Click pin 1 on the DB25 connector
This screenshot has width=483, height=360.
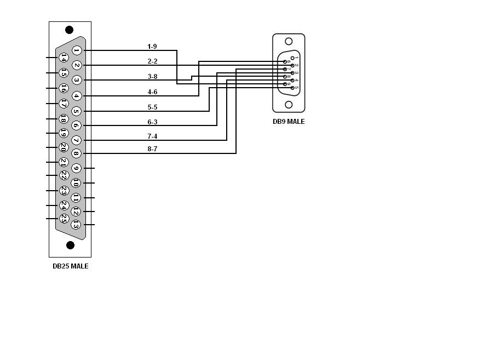[x=77, y=50]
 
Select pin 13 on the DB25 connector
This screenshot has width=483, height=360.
[x=76, y=224]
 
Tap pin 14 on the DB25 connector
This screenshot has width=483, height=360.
[x=64, y=57]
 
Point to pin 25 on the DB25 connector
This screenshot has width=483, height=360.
[x=64, y=218]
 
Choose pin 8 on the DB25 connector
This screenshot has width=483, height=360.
[x=76, y=154]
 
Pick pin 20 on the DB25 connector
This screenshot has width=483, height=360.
[x=64, y=147]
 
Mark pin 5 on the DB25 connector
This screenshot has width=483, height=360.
[x=76, y=111]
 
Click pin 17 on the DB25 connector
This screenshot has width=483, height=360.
[x=64, y=103]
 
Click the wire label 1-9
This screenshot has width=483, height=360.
[x=152, y=47]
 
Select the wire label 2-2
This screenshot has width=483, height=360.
[x=152, y=61]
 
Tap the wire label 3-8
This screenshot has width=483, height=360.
[x=152, y=77]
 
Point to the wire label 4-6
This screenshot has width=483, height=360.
[x=152, y=92]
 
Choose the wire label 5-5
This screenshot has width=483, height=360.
[x=152, y=107]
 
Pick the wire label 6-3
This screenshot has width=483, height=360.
[x=152, y=122]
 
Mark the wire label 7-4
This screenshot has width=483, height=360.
[x=152, y=136]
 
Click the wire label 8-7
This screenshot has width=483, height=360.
[x=152, y=149]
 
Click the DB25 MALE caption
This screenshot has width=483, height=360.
[x=70, y=266]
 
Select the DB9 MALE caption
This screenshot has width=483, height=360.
[x=289, y=122]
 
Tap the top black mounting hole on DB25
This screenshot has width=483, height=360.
[x=70, y=30]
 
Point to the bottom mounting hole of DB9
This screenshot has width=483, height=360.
[x=289, y=105]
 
